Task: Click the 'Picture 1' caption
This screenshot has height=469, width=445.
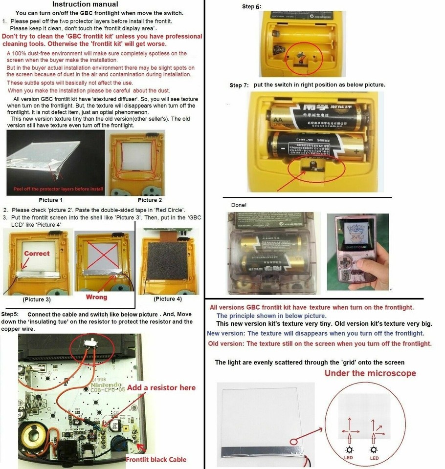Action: pos(51,200)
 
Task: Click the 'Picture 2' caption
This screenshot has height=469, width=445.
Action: pos(150,200)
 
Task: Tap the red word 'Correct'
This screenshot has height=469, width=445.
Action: pos(37,254)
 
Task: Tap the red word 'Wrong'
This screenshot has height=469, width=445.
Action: pos(96,297)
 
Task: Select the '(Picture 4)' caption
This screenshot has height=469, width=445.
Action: pos(167,298)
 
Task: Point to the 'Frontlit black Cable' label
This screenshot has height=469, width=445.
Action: pos(156,459)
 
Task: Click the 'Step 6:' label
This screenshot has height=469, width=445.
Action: pos(252,7)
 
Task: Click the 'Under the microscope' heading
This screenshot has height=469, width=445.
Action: pos(370,373)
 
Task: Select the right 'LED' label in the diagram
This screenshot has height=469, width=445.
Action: pos(374,457)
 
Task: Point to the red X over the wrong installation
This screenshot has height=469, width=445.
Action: pos(103,254)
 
